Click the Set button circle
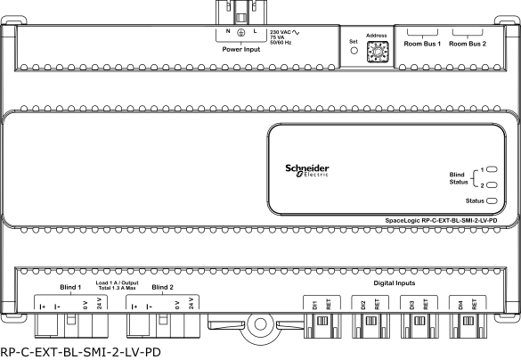[354, 51]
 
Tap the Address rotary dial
[378, 52]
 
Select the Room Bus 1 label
[422, 44]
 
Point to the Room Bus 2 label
[468, 44]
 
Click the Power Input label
[241, 49]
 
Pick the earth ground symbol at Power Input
[241, 32]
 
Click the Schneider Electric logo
[307, 170]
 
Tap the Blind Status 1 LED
[492, 169]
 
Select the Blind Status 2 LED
[492, 184]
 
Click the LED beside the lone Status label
[492, 200]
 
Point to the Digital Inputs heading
[395, 282]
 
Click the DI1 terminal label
[315, 305]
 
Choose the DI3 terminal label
[412, 305]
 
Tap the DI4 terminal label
[460, 305]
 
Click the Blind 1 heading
[70, 287]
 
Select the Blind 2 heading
[162, 287]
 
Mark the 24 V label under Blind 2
[191, 304]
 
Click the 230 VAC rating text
[281, 32]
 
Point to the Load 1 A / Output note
[117, 282]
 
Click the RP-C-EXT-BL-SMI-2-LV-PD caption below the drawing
[81, 352]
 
